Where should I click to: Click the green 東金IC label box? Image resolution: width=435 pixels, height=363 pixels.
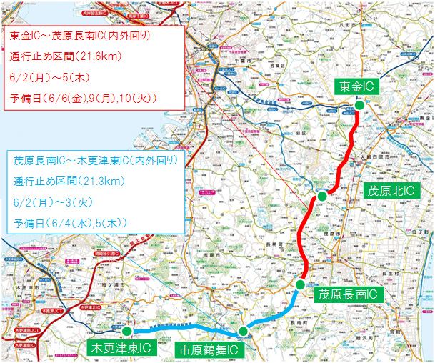[356, 86]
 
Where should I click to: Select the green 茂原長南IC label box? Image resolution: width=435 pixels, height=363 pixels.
[346, 294]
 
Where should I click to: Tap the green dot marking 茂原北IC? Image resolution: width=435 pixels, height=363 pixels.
[322, 196]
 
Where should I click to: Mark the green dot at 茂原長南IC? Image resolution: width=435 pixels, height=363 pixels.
[301, 284]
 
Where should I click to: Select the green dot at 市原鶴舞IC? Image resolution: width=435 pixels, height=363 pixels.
[244, 331]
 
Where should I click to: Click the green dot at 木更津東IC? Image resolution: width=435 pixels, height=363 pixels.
[126, 331]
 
